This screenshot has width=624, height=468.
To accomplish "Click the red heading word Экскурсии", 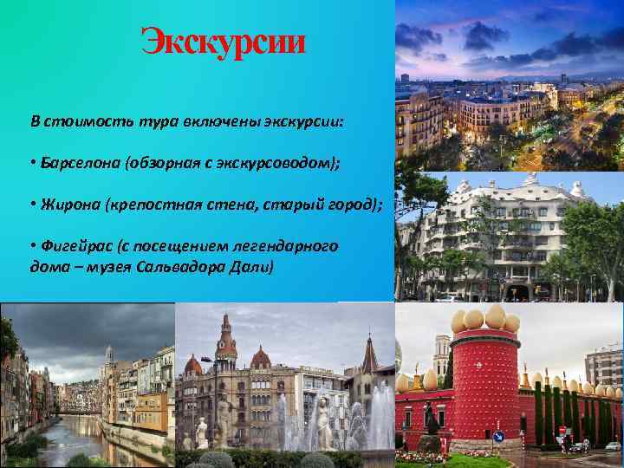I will coord(224,41).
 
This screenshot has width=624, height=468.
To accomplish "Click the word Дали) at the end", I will coord(252,267).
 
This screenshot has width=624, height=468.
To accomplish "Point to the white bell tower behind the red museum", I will coord(441,355).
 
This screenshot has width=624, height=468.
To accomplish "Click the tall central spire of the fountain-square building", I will coord(226,334).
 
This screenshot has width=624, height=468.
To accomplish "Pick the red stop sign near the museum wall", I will coord(562,430).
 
